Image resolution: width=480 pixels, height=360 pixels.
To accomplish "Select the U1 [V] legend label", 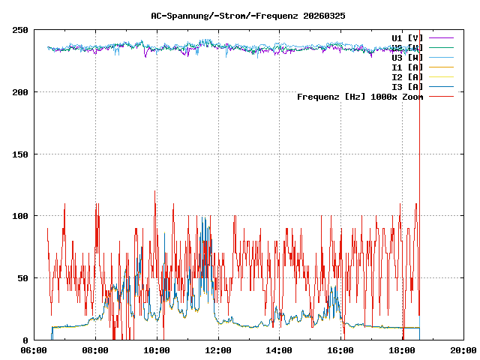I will (407, 37).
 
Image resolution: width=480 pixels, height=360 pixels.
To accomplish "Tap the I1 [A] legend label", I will (407, 67).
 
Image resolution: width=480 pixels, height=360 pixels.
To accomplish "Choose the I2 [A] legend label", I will (407, 76).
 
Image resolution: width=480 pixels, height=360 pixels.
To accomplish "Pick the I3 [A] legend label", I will (407, 86).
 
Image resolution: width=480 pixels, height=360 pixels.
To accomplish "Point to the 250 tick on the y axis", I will (20, 30).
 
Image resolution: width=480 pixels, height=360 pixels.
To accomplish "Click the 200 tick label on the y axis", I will (20, 92).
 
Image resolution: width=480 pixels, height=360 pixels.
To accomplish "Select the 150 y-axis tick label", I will (20, 154).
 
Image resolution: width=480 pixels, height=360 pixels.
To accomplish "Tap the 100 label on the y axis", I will (20, 216).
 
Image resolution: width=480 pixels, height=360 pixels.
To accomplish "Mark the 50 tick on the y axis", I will (22, 278).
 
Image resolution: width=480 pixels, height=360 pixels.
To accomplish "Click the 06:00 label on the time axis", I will (34, 350).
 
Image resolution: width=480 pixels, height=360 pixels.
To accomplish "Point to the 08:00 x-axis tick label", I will (95, 350).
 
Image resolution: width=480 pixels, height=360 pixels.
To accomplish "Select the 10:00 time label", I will (157, 350).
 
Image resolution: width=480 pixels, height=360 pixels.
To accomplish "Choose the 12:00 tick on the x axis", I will (218, 350).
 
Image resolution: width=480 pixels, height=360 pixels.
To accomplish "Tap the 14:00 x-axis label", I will (280, 350).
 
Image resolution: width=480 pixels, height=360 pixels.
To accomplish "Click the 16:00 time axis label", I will (341, 350).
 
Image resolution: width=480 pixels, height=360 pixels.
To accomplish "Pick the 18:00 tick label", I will (403, 350).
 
